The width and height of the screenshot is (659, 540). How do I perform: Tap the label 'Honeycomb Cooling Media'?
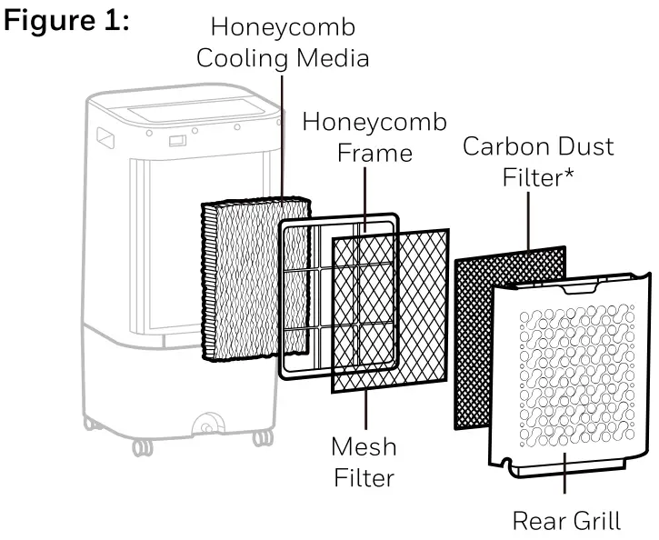tap(284, 45)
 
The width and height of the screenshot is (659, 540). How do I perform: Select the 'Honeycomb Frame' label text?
tap(374, 135)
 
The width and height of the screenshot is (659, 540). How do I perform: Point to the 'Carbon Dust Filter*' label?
tap(538, 160)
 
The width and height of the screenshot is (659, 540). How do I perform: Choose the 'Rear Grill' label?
tap(566, 521)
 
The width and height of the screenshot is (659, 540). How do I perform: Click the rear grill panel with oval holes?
tap(573, 382)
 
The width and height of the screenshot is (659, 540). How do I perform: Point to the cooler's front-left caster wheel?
tap(142, 447)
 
